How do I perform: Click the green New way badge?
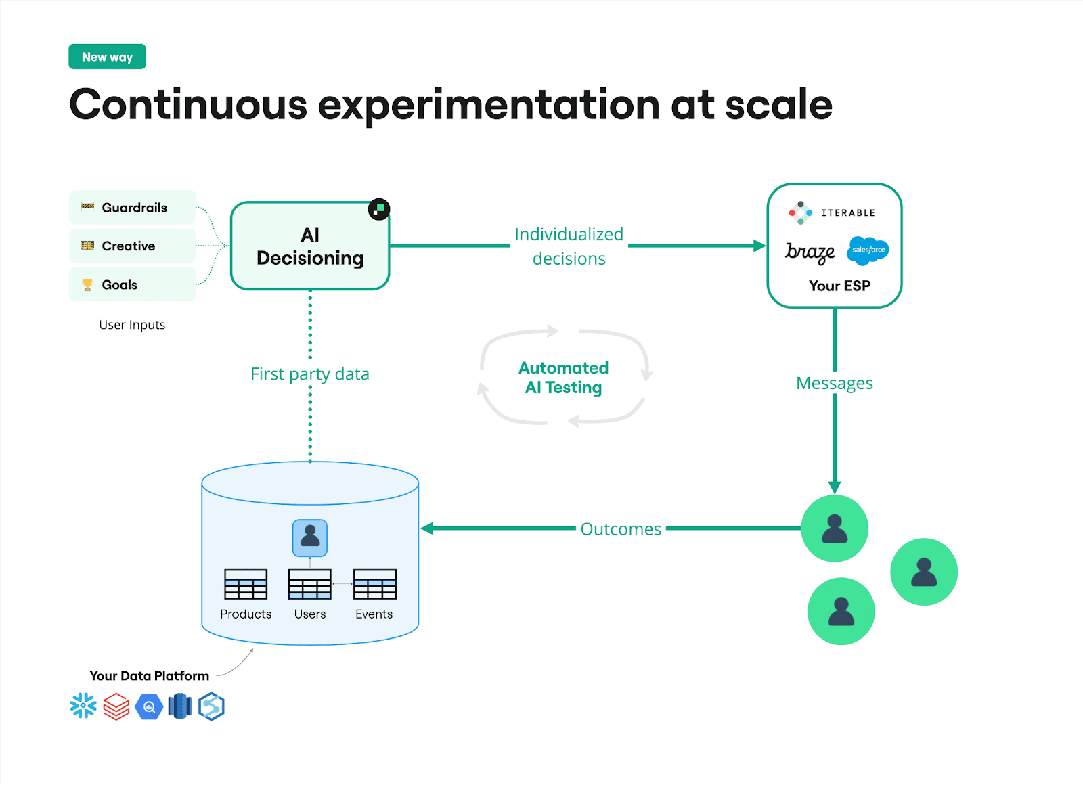[x=107, y=57]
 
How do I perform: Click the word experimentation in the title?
[x=488, y=106]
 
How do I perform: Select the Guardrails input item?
[x=133, y=208]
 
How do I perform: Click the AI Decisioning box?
[x=310, y=246]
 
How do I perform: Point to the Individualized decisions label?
[x=569, y=246]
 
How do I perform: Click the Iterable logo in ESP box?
[x=833, y=212]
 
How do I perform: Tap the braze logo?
[x=810, y=252]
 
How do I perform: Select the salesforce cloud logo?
[x=868, y=250]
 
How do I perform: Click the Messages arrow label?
[x=834, y=383]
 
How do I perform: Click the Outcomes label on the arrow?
[x=621, y=529]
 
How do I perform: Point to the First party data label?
[x=310, y=374]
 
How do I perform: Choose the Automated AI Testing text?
[x=563, y=378]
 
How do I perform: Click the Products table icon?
[x=246, y=585]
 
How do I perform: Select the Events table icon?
[x=374, y=585]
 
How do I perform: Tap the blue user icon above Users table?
[x=310, y=538]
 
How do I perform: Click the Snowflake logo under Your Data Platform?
[x=83, y=706]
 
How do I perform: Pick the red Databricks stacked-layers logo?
[x=116, y=706]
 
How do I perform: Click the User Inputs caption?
[x=132, y=325]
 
